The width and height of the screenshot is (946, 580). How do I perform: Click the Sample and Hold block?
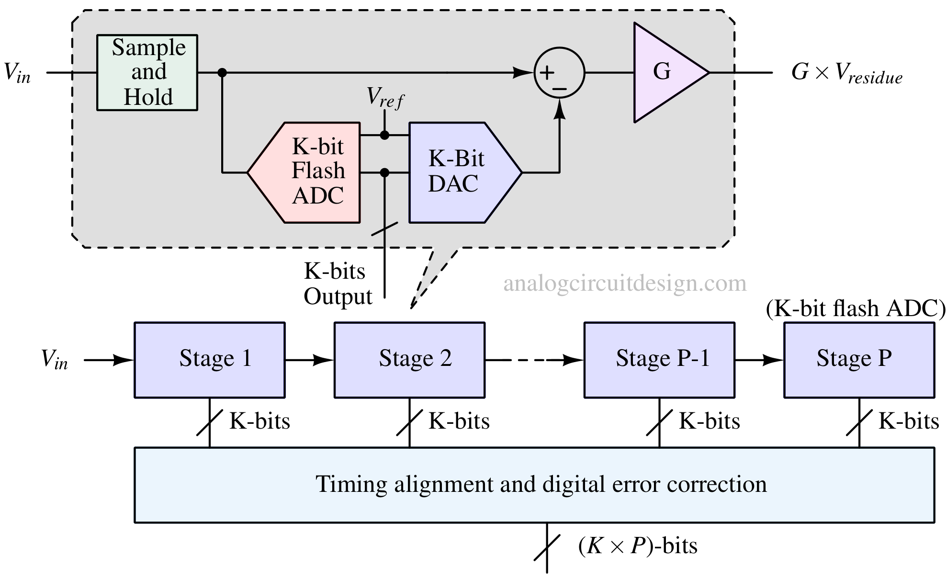pyautogui.click(x=147, y=72)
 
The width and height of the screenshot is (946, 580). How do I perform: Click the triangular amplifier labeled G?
pyautogui.click(x=665, y=72)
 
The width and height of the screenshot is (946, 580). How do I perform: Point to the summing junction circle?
pyautogui.click(x=559, y=73)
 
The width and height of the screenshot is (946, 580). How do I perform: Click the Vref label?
pyautogui.click(x=385, y=98)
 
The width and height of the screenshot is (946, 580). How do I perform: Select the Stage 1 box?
pyautogui.click(x=210, y=360)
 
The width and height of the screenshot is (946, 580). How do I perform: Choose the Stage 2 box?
pyautogui.click(x=409, y=360)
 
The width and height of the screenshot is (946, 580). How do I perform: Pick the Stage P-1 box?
pyautogui.click(x=659, y=360)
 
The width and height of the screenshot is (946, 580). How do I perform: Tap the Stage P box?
pyautogui.click(x=859, y=360)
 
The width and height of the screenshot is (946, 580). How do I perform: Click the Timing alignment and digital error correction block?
pyautogui.click(x=534, y=485)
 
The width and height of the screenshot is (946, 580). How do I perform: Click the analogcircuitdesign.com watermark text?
pyautogui.click(x=625, y=284)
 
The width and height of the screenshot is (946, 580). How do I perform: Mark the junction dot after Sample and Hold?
pyautogui.click(x=222, y=73)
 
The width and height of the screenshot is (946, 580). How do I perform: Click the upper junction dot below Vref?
pyautogui.click(x=384, y=136)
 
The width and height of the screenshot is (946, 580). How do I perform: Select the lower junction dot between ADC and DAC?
pyautogui.click(x=384, y=172)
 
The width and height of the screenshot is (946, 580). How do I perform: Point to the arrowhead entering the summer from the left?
pyautogui.click(x=522, y=73)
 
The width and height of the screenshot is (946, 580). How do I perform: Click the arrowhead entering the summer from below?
pyautogui.click(x=559, y=111)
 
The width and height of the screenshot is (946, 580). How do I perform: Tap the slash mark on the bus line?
pyautogui.click(x=385, y=229)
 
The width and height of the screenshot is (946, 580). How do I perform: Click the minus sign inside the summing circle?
pyautogui.click(x=560, y=89)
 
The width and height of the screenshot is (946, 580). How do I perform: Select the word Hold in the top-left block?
pyautogui.click(x=148, y=97)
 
